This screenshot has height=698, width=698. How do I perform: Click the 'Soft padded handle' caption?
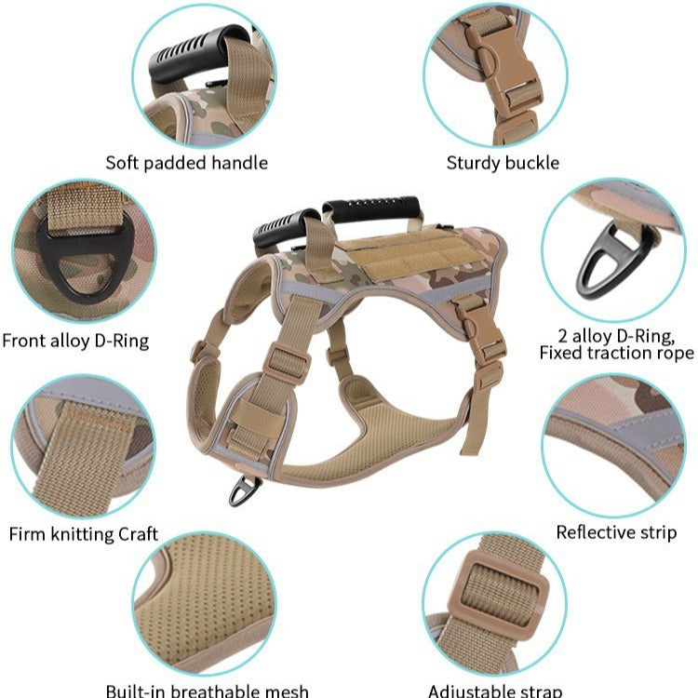tap(186, 163)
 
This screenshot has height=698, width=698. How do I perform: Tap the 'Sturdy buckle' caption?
tap(503, 163)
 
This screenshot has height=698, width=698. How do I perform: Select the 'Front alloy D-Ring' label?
tap(75, 341)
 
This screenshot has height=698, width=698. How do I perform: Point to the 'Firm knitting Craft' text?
tap(83, 534)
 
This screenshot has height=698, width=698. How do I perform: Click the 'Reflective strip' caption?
tap(616, 532)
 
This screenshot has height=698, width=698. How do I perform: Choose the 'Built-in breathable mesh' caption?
tap(207, 691)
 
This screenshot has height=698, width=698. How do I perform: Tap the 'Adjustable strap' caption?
tap(494, 691)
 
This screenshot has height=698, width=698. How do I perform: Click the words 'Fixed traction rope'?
tap(616, 353)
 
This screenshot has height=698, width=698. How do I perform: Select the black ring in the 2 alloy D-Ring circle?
tap(612, 262)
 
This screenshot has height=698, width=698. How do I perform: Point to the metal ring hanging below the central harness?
tap(244, 490)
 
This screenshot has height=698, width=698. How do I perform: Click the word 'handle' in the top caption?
tap(239, 163)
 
